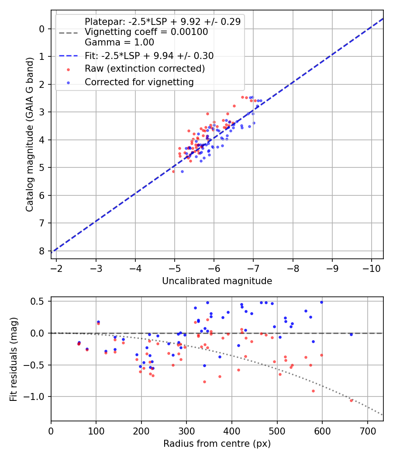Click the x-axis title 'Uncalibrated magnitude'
click(x=217, y=281)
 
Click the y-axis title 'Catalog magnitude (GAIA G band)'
click(x=29, y=134)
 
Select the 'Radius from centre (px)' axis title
click(x=217, y=444)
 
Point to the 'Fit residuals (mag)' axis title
click(x=14, y=358)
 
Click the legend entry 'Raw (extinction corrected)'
click(x=145, y=69)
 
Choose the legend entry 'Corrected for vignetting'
click(x=139, y=82)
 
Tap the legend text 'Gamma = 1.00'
click(x=119, y=42)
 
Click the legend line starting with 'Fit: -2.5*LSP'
click(x=149, y=56)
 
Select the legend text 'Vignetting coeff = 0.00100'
click(x=146, y=32)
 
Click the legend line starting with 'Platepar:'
click(x=162, y=21)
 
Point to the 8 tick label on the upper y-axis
click(x=42, y=251)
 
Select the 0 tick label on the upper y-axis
click(x=42, y=29)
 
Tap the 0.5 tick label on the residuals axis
click(x=38, y=301)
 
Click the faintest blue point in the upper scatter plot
click(x=182, y=171)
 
